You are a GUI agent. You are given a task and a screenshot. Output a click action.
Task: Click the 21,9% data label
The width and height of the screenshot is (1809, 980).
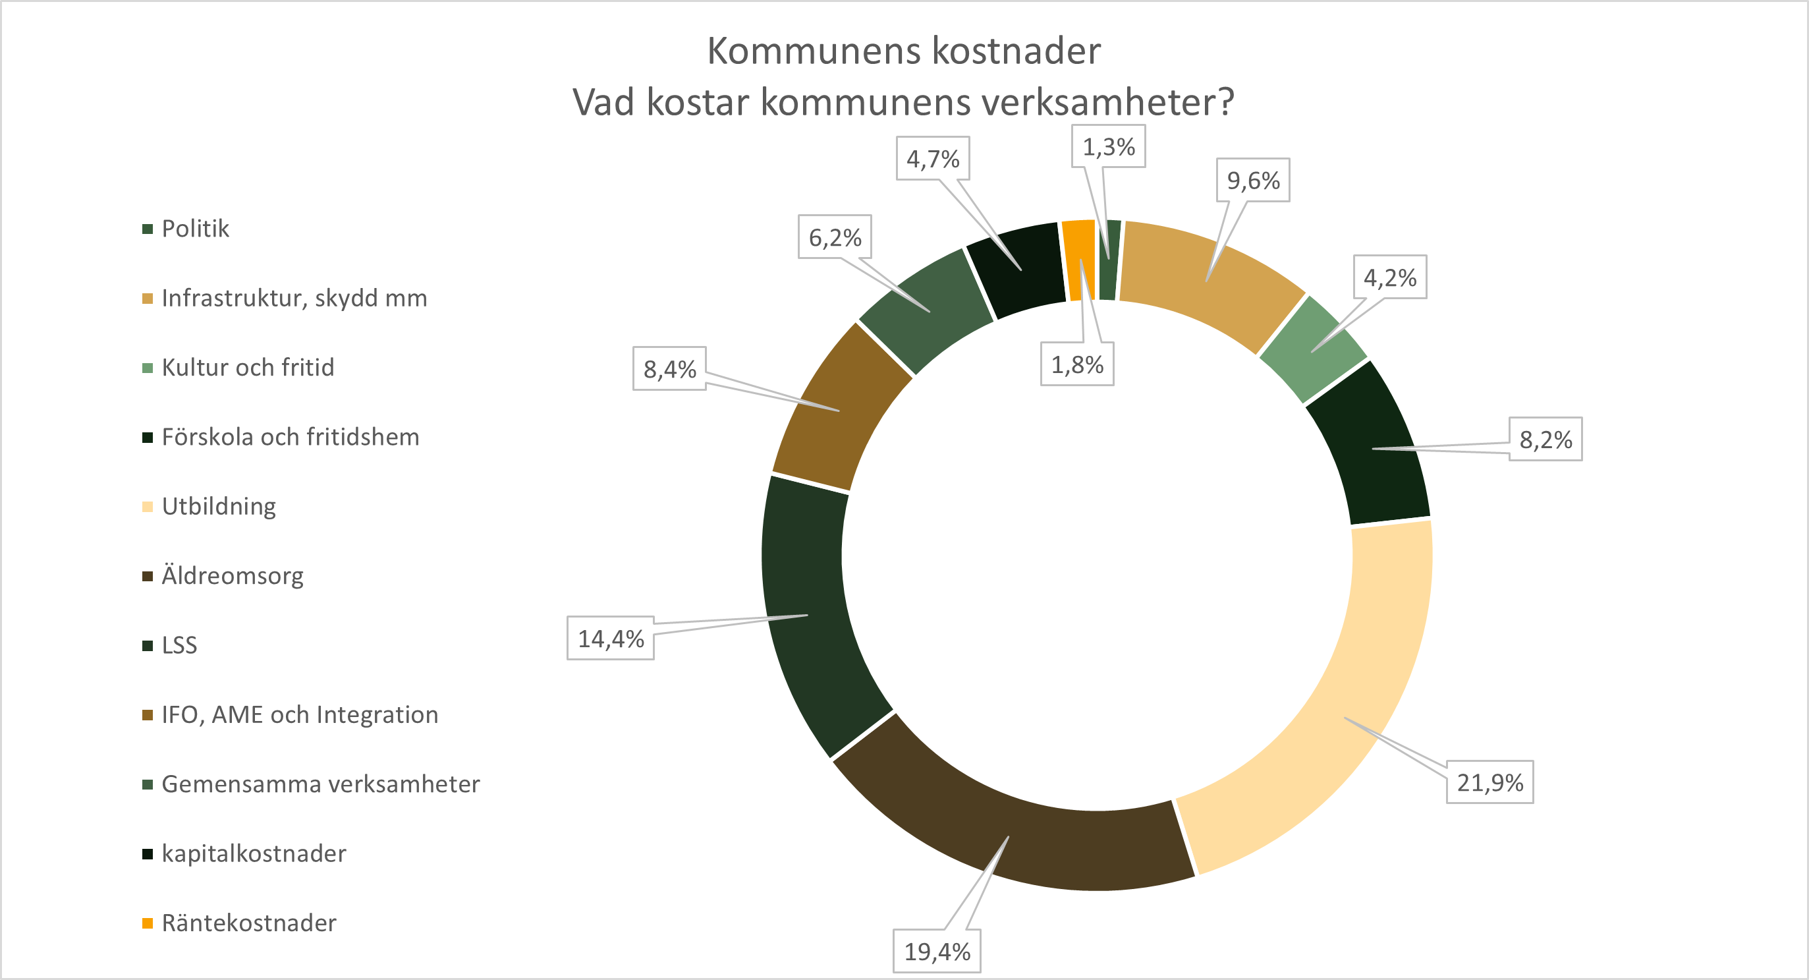1489,782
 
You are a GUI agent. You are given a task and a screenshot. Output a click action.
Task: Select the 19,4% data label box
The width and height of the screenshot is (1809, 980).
937,951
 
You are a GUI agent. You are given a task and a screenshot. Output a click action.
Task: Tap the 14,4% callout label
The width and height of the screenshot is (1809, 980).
610,639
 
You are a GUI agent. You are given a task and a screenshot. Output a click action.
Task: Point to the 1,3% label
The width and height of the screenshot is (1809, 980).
1108,147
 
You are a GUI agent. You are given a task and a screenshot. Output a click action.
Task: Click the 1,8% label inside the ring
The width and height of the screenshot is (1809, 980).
1076,364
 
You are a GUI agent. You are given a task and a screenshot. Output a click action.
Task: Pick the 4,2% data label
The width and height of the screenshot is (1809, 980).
1390,277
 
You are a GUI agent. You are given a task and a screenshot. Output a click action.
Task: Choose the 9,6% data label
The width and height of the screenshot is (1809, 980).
1253,181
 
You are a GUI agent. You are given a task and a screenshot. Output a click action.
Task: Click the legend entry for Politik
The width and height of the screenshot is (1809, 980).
195,229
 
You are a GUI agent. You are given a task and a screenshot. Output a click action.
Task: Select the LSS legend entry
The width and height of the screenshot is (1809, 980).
179,645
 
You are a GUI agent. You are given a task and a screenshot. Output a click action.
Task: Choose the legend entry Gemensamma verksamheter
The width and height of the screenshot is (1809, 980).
320,784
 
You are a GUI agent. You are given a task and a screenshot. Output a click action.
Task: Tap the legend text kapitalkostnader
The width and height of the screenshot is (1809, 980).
254,853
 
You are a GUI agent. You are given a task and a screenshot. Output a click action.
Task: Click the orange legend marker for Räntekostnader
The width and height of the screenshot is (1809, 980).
148,923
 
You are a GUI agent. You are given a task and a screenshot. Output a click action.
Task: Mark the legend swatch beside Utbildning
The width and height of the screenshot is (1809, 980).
148,507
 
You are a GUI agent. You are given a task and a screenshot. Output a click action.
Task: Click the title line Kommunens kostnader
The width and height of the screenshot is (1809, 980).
904,51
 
